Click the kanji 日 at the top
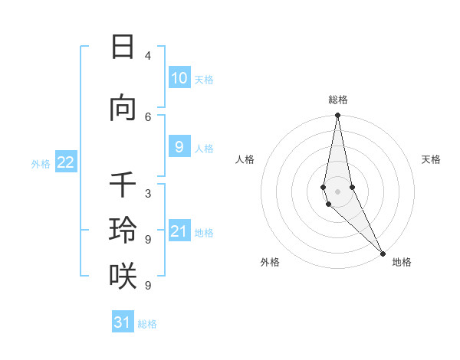[123, 47]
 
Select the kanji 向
[123, 109]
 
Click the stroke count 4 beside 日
[148, 55]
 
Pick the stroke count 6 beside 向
[148, 116]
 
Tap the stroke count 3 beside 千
[148, 194]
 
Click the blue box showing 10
[179, 77]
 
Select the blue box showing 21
[179, 231]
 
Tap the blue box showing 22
[66, 162]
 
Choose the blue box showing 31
[123, 322]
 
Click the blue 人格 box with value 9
[179, 147]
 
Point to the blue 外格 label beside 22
[41, 163]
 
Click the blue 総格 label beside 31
[147, 324]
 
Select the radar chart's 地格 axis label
[402, 262]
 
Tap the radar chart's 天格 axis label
[431, 159]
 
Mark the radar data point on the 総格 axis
[337, 115]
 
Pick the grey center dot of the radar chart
[337, 191]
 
